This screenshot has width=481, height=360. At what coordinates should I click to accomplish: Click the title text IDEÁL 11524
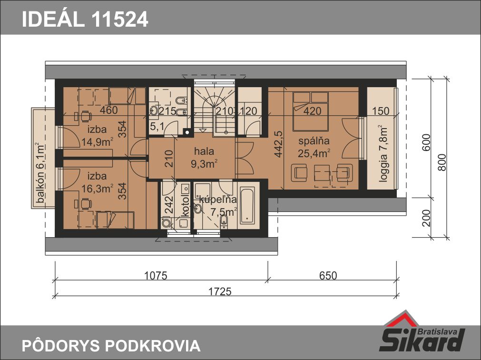85,19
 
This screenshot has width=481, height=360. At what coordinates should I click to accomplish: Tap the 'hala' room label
204,151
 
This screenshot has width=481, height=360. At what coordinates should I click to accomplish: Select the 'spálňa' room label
314,141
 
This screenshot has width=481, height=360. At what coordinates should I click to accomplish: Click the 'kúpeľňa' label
218,199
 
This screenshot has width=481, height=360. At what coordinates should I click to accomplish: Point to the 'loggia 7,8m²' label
383,153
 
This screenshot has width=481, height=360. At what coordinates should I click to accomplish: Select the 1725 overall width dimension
220,291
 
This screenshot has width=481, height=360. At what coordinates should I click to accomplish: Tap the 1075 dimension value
156,276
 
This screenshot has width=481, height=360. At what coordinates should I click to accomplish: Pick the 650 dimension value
328,276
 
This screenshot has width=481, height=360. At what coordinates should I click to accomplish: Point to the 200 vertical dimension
426,218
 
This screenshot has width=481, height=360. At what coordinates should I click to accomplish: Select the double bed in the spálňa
311,111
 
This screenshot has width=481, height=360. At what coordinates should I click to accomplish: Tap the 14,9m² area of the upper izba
97,142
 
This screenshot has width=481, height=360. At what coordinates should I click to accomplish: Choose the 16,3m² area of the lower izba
97,189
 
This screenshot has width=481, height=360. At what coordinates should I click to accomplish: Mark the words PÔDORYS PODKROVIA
111,346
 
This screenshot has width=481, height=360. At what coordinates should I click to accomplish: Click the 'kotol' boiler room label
185,206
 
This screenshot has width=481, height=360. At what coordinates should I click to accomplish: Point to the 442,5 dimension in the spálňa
278,144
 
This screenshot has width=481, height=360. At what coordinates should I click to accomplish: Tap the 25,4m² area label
314,153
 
